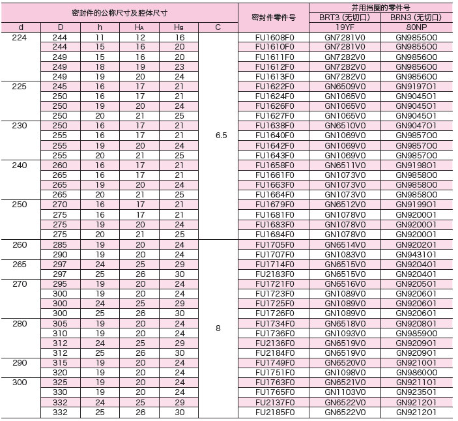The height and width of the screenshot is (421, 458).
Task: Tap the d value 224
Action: pos(20,38)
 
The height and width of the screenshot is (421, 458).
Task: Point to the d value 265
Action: pos(20,265)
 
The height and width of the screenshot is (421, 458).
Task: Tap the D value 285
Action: pos(59,245)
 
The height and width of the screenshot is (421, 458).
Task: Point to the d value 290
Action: pos(20,362)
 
